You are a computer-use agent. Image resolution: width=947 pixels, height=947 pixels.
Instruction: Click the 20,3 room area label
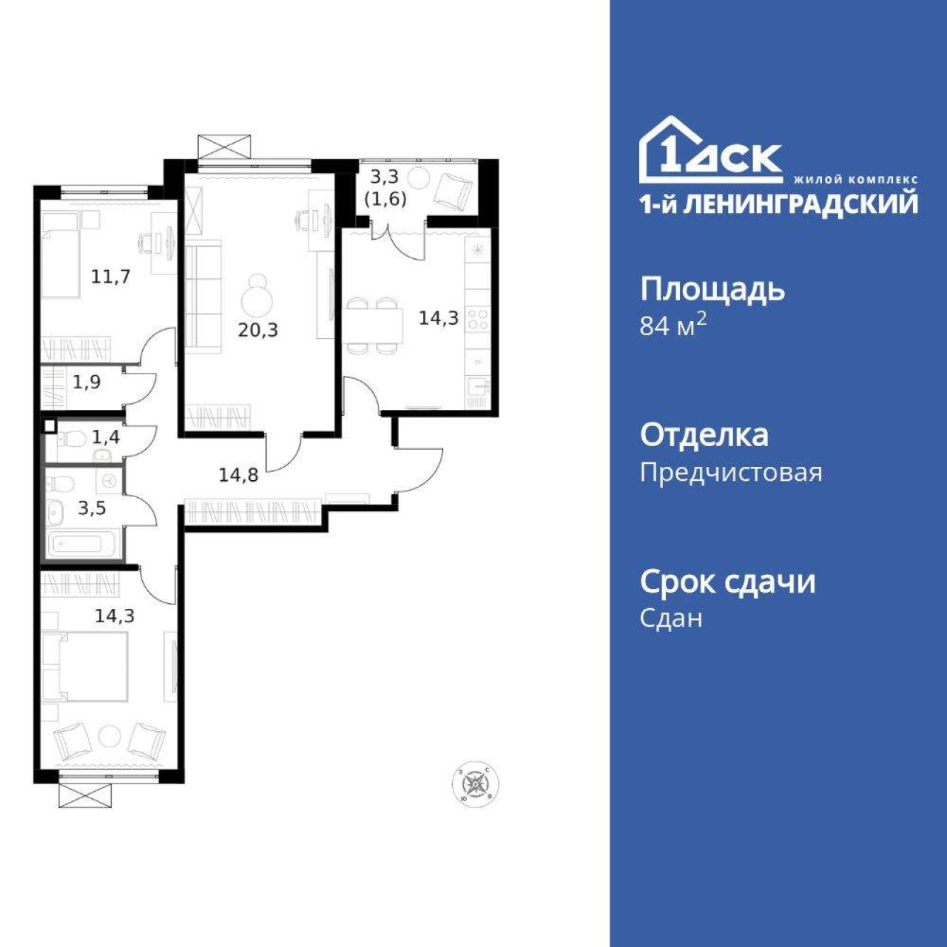pos(258,330)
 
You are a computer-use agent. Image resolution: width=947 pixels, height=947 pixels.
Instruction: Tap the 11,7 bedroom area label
pos(110,277)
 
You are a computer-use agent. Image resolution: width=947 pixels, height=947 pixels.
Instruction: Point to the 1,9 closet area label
pos(87,381)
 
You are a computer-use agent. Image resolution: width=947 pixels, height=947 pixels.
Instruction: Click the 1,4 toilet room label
pos(106,436)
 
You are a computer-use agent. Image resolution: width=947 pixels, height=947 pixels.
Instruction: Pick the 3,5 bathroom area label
pos(92,508)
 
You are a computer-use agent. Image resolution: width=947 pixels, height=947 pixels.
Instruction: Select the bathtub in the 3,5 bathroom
pos(82,544)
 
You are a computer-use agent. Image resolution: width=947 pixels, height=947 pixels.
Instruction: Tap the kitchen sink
pos(478,386)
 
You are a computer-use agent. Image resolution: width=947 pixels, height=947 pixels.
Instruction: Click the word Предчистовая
pos(731,473)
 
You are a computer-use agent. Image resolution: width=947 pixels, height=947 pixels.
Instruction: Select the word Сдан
pos(671,619)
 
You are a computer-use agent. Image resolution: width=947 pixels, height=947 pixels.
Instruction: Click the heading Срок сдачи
pos(728,582)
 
